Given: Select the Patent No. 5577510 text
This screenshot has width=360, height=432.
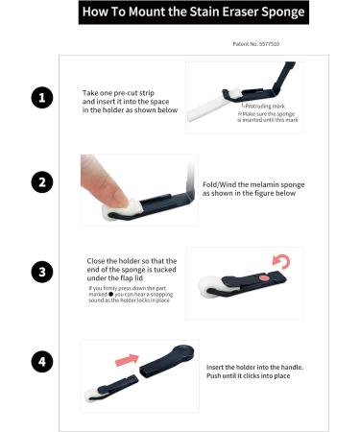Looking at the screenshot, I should pos(256,44).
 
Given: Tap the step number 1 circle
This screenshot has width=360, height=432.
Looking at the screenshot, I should pos(40,97).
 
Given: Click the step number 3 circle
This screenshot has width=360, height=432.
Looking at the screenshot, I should pos(40,272).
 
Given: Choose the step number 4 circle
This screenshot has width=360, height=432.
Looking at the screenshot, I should pos(40,362).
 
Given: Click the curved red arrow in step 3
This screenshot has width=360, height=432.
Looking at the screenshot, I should pos(280,262).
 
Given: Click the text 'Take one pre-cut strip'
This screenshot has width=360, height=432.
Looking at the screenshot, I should pos(120,93).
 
